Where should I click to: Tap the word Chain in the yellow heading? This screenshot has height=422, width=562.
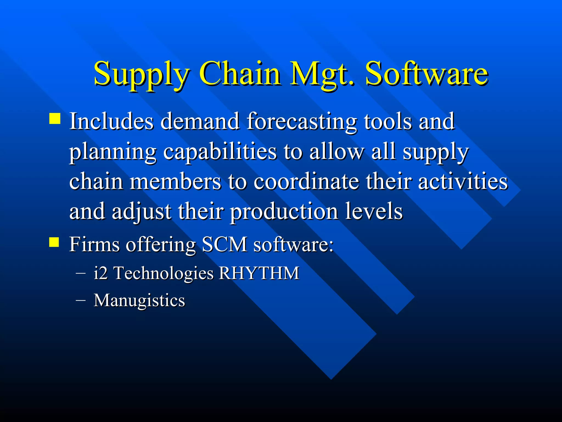(240, 74)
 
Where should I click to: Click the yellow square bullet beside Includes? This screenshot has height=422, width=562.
(55, 119)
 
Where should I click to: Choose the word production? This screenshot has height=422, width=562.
(284, 212)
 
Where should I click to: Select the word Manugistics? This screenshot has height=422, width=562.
(139, 300)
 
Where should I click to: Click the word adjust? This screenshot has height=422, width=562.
(141, 212)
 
